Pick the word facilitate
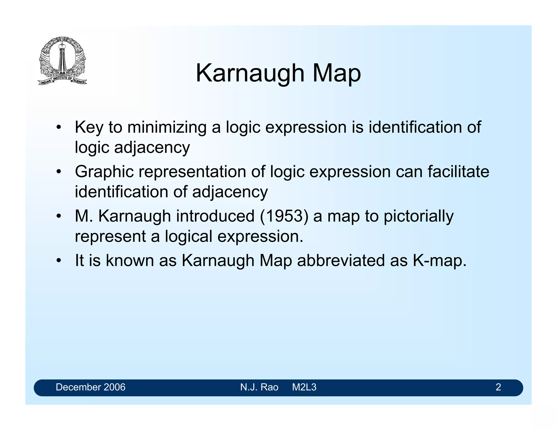(458, 172)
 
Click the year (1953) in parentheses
(284, 216)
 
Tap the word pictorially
(418, 217)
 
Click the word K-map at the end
(440, 260)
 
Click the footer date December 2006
(91, 387)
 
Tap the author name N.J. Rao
(259, 387)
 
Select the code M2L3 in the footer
(304, 387)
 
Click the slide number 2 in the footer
(498, 387)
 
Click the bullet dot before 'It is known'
(58, 261)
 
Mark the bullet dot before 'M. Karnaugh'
(58, 217)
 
